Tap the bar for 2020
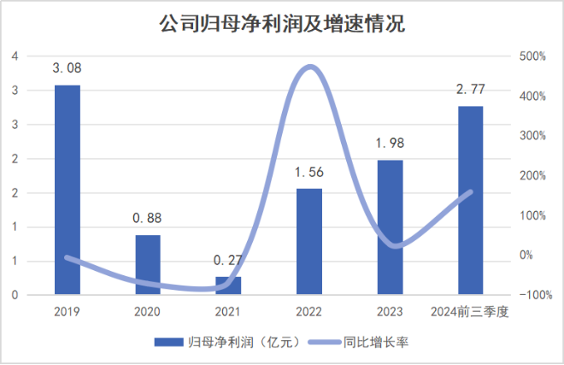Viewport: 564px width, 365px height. [x=147, y=265]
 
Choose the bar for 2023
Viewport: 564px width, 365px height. [x=390, y=227]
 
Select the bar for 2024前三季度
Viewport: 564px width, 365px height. [x=470, y=200]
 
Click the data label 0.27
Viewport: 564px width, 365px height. [x=228, y=260]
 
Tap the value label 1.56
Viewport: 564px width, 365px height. [x=309, y=172]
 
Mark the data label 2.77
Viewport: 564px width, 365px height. [x=470, y=89]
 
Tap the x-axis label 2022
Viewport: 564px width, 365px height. [x=309, y=311]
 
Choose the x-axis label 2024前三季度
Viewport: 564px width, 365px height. [x=470, y=311]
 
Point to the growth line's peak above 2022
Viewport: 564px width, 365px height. [x=310, y=67]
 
